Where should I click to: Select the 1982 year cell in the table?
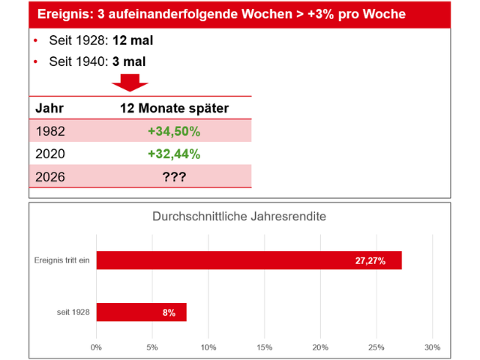[x=51, y=131]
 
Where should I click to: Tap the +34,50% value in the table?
[x=174, y=131]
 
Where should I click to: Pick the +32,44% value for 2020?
[x=174, y=154]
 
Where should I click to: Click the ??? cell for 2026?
[x=174, y=178]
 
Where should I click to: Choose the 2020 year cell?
[x=51, y=154]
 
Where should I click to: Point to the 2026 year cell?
[x=51, y=178]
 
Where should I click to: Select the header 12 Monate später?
[x=174, y=108]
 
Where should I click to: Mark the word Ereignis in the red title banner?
[x=64, y=14]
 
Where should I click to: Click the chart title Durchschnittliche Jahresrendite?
[x=240, y=217]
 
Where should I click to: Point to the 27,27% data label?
[x=370, y=261]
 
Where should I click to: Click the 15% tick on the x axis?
[x=264, y=347]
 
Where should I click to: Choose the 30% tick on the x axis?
[x=432, y=347]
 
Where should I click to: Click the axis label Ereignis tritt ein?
[x=61, y=260]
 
